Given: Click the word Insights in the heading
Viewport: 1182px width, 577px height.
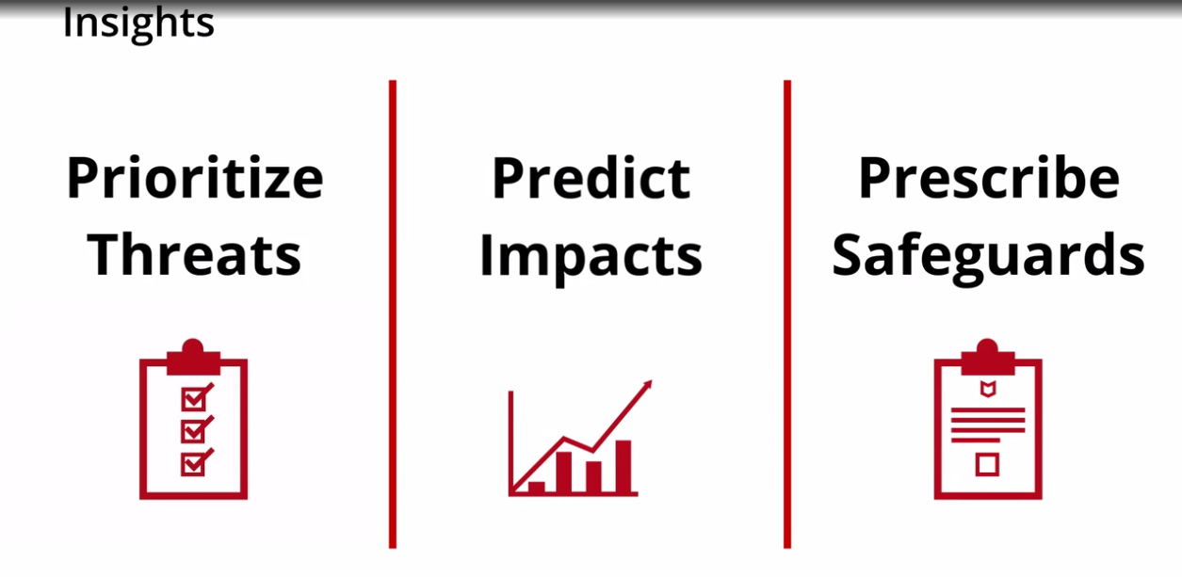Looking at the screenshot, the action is [138, 24].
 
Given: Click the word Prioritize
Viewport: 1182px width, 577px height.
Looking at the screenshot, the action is [195, 178].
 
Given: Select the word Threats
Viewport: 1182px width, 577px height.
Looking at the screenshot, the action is [194, 255].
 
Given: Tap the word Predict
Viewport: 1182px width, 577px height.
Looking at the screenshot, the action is [591, 178].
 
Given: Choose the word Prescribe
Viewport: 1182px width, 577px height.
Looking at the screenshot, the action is [988, 177].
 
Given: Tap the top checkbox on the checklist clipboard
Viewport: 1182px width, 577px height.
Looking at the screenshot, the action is [194, 399].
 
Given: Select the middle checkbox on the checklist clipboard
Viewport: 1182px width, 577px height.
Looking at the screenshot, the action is [194, 431].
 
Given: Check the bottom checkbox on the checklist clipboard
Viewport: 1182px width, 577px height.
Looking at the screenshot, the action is [194, 464].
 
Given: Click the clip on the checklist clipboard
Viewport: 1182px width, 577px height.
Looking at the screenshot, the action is [193, 358].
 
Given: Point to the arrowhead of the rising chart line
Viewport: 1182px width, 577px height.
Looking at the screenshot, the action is [647, 385].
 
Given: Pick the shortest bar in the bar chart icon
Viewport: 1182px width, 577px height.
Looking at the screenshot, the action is [537, 488].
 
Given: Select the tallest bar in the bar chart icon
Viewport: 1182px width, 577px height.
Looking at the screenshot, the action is [623, 467].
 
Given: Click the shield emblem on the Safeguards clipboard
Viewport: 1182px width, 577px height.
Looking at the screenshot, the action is [988, 390].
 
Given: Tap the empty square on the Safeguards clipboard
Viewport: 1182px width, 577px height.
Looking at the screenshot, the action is [987, 465].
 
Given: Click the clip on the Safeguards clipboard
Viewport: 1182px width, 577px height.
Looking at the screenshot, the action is [988, 358].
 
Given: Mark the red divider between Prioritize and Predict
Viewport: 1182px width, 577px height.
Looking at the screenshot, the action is [393, 314].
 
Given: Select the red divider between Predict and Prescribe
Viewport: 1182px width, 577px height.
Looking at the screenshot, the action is [787, 314].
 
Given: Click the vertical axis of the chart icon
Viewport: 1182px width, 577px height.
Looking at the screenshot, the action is [510, 443].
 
